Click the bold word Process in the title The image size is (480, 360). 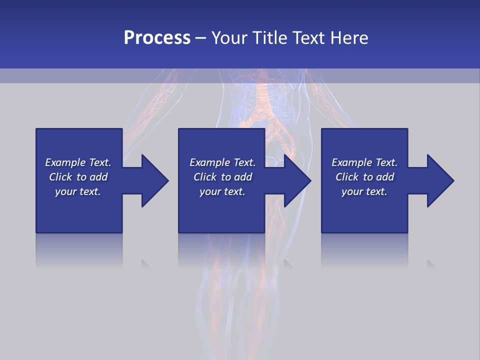tap(157, 38)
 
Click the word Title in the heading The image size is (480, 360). tap(270, 38)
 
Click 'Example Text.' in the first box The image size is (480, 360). tap(78, 162)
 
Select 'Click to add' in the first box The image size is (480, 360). tap(78, 177)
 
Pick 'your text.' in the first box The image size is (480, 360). tap(78, 191)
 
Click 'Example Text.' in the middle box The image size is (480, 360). tap(222, 162)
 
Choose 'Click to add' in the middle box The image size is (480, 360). tap(222, 177)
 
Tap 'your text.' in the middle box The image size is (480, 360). tap(222, 191)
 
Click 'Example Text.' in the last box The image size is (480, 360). tap(364, 162)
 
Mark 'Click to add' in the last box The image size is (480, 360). tap(364, 177)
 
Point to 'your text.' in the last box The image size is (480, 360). tap(364, 191)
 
